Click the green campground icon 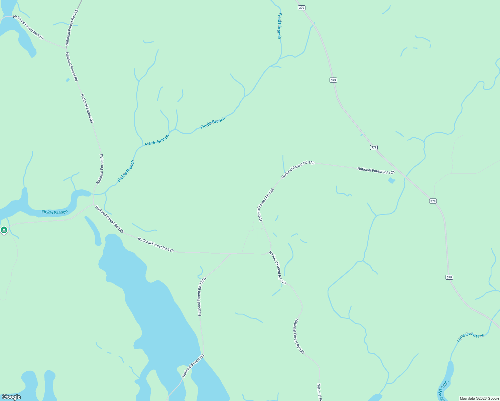(4, 230)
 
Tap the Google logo (11, 397)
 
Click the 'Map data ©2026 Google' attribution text (479, 398)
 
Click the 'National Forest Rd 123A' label (202, 296)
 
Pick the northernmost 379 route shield (301, 8)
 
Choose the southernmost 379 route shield (449, 277)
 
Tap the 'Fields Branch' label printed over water (54, 212)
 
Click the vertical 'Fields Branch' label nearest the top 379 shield (279, 26)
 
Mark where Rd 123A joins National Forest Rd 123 (231, 254)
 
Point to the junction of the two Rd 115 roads (66, 48)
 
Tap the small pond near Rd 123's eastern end (391, 181)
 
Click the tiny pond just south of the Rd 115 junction (68, 80)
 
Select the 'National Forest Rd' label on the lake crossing (193, 366)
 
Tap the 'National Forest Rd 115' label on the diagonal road (28, 27)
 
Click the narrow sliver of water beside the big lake (94, 231)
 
